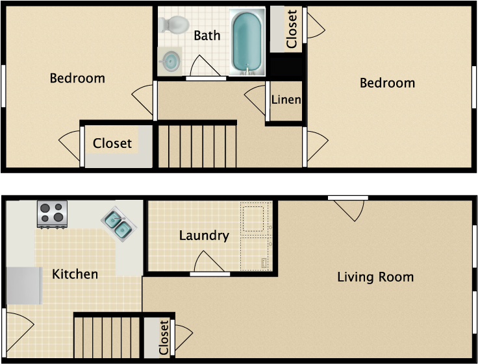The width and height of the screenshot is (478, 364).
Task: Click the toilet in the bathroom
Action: click(x=174, y=25)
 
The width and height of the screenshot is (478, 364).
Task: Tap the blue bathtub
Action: click(x=247, y=42)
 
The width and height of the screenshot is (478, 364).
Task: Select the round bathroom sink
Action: click(x=170, y=61)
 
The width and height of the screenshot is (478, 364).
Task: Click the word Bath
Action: click(x=207, y=36)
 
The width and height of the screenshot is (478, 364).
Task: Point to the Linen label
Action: click(x=286, y=100)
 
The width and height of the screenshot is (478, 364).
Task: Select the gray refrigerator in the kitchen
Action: click(x=24, y=285)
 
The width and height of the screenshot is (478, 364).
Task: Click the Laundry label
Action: click(x=204, y=236)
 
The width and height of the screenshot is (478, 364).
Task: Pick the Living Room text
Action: click(x=375, y=277)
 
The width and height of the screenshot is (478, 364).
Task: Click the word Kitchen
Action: click(x=75, y=274)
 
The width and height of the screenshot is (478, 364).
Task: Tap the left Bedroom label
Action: click(x=77, y=79)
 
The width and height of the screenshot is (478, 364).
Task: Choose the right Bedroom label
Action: click(x=387, y=83)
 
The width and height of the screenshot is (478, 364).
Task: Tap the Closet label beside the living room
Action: click(x=164, y=337)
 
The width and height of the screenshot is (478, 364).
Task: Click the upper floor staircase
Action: click(x=197, y=146)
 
